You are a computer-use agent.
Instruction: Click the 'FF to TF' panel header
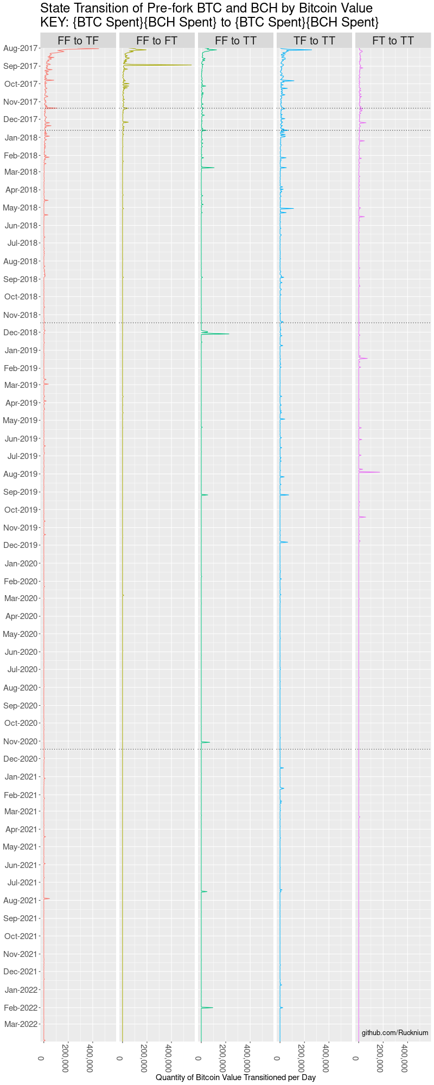(x=78, y=41)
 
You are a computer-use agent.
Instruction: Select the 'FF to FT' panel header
(x=157, y=41)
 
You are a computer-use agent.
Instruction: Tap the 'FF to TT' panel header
(x=235, y=41)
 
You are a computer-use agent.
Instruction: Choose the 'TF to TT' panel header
(x=314, y=41)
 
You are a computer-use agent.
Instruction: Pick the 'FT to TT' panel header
(x=393, y=41)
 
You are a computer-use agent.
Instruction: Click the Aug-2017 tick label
(x=21, y=48)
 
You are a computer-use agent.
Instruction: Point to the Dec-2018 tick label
(x=21, y=333)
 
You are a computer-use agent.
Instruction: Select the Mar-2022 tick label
(x=21, y=1024)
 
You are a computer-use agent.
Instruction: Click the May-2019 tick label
(x=20, y=420)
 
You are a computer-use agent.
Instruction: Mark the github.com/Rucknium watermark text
(x=395, y=1033)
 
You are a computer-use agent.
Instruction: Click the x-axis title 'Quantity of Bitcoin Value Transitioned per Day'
(x=235, y=1077)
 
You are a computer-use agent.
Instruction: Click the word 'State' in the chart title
(x=55, y=8)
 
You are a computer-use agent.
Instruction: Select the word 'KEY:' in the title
(x=54, y=22)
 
